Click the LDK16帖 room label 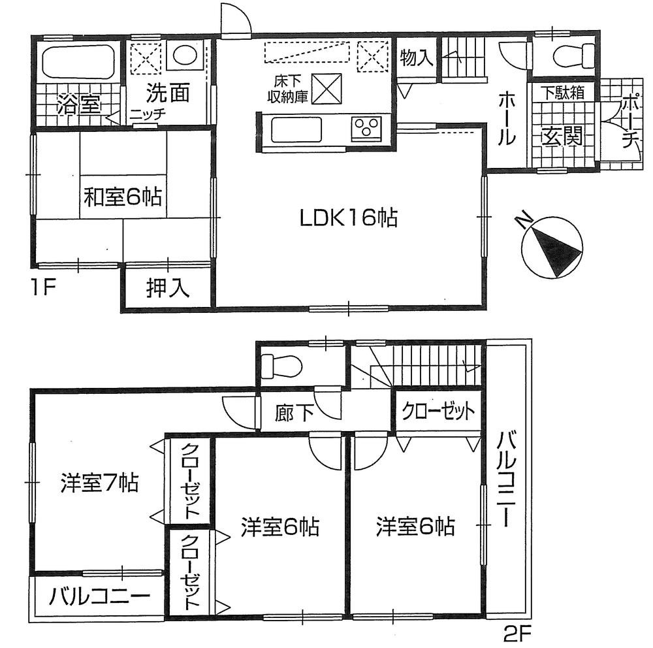tap(349, 218)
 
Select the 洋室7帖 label tap(99, 483)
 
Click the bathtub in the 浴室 tap(79, 63)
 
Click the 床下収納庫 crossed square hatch tap(325, 88)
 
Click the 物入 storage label tap(416, 58)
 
